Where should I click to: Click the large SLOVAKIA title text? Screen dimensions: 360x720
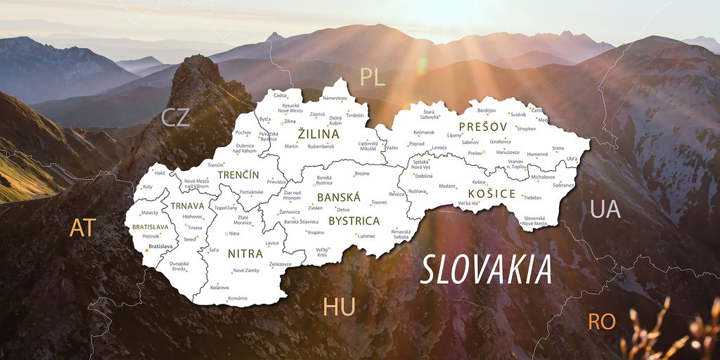click(x=485, y=270)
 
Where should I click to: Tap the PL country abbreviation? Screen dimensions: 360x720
click(x=372, y=77)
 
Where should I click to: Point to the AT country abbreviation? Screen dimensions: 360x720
click(x=82, y=227)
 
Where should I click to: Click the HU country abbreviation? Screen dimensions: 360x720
click(x=339, y=307)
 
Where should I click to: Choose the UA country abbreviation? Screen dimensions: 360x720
click(x=605, y=209)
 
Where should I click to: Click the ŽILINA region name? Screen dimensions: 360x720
click(x=318, y=134)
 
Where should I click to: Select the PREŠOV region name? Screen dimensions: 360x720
click(x=483, y=127)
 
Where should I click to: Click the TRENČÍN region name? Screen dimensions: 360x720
click(x=238, y=174)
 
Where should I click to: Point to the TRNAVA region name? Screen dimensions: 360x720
click(x=187, y=206)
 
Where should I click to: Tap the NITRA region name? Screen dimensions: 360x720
click(x=245, y=253)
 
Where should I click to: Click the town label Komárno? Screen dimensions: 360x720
click(x=238, y=298)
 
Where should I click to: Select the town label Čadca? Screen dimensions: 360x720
click(x=280, y=95)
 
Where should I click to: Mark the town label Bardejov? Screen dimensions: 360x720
click(x=487, y=110)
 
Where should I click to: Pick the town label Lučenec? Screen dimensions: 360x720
click(x=366, y=236)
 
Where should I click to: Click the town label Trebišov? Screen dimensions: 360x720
click(x=532, y=198)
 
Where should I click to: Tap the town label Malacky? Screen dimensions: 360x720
click(x=150, y=212)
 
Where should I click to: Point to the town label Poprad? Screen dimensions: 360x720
click(x=416, y=143)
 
